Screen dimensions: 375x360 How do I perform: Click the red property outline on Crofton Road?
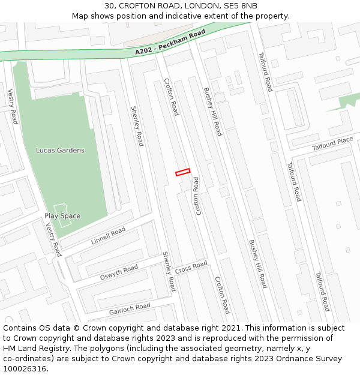(182, 172)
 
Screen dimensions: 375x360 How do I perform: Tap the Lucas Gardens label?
(60, 150)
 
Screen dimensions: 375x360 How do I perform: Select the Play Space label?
(62, 216)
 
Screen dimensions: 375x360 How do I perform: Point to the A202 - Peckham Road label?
(170, 44)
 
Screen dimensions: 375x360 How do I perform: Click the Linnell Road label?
(108, 236)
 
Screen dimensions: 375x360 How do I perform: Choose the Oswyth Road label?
(119, 272)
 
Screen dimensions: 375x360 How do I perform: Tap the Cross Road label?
(191, 267)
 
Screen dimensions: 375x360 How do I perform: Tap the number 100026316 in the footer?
(23, 369)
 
